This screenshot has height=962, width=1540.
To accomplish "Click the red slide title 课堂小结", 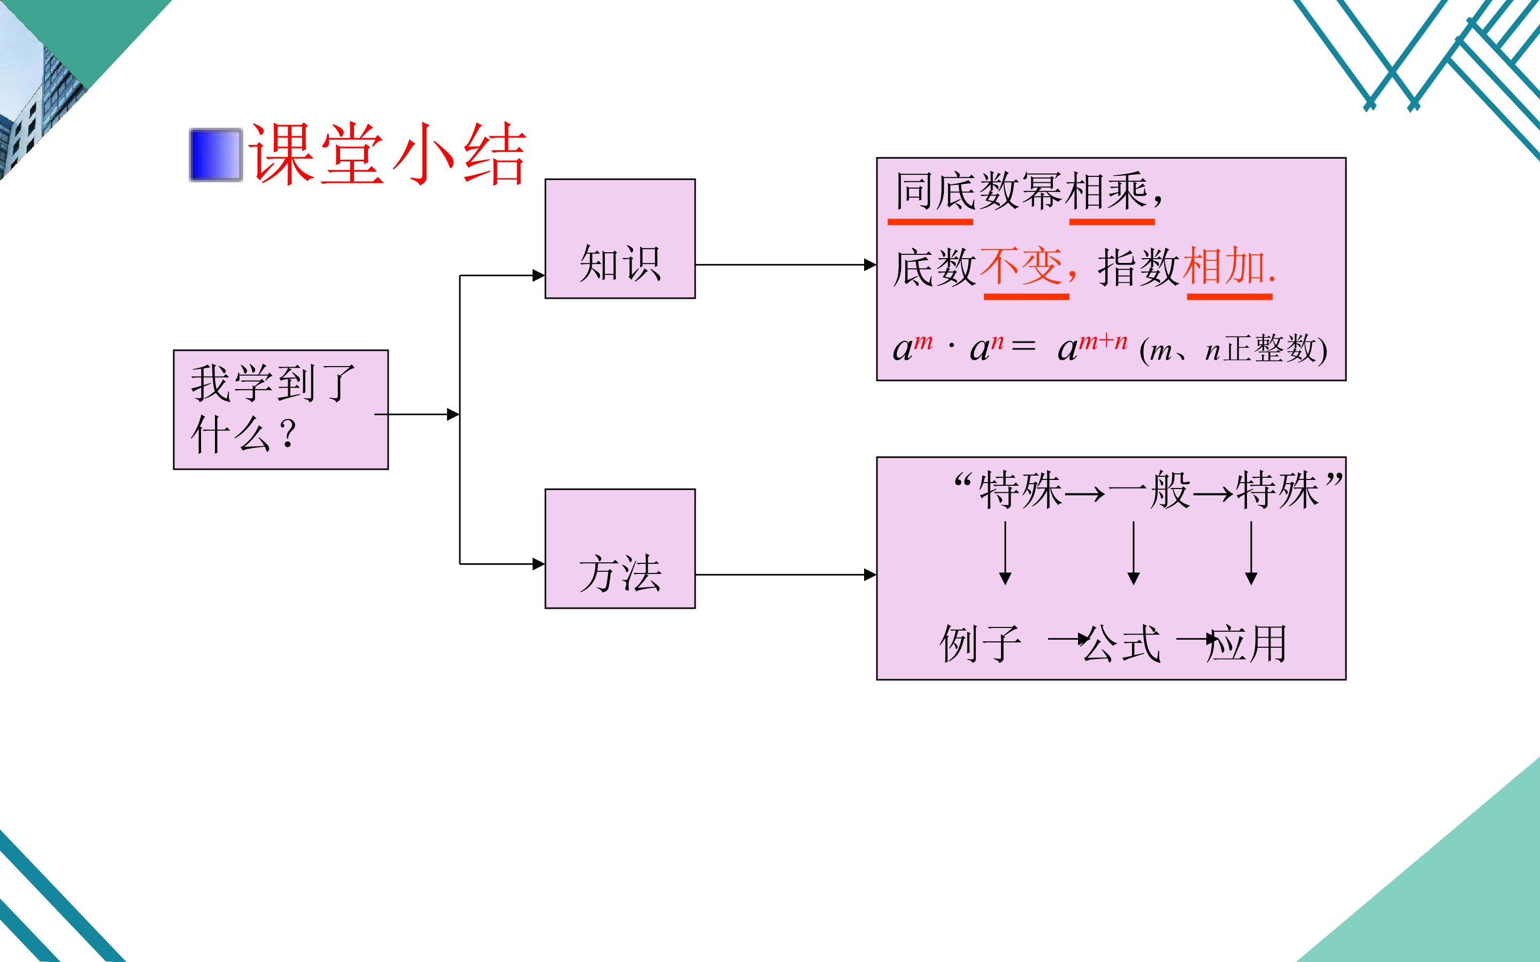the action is click(x=388, y=154).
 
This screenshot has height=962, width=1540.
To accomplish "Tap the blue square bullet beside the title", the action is click(x=215, y=154).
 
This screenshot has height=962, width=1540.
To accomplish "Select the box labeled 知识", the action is click(x=620, y=238).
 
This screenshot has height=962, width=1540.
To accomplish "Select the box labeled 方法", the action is click(x=620, y=548).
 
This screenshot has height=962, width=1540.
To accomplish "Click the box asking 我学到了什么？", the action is click(x=281, y=410).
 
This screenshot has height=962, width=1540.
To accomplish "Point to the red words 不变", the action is click(x=1021, y=267).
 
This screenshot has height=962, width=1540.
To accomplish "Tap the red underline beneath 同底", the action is click(x=930, y=221).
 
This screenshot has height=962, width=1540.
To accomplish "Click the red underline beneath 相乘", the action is click(x=1112, y=221).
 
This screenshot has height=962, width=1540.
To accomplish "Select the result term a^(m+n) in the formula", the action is click(x=1092, y=347).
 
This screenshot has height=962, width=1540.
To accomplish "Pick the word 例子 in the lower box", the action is click(x=981, y=643).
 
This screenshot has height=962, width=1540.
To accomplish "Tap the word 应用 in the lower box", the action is click(x=1248, y=643).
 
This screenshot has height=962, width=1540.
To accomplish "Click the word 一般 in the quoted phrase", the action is click(x=1149, y=491).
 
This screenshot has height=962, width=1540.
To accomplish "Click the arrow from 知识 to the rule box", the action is click(x=786, y=265).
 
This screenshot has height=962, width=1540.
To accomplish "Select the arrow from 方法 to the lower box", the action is click(x=786, y=575).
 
